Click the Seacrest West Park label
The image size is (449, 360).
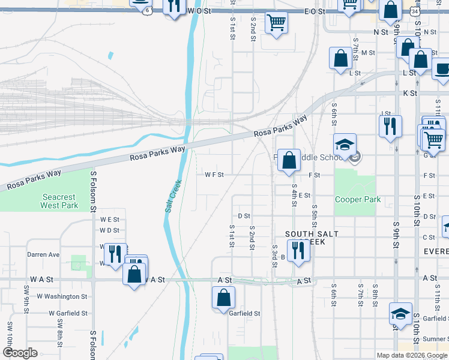pos(59,201)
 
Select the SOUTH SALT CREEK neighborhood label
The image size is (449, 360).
pos(312,238)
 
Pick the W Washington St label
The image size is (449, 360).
pos(62,296)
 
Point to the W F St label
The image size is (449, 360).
pos(214,175)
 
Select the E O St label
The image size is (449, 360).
pos(314,11)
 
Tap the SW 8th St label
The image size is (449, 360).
pos(61,332)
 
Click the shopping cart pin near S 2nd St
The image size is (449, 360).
pos(276,23)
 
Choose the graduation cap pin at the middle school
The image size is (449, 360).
pos(345,145)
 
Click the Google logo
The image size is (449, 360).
pos(20,353)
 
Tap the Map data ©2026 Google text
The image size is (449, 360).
pos(412,355)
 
